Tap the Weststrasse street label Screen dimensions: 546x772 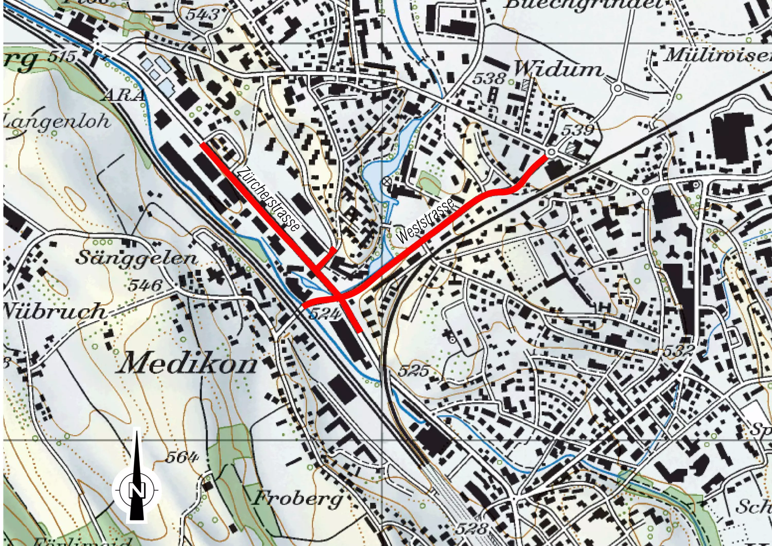point(426,222)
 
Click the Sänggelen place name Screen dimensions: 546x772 point(136,258)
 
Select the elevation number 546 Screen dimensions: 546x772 point(145,286)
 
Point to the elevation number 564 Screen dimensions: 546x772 point(182,457)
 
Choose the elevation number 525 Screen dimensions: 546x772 point(414,371)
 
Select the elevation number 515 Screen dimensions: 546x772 point(62,56)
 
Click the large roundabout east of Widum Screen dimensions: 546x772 point(617,89)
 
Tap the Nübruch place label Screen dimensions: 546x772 point(54,311)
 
